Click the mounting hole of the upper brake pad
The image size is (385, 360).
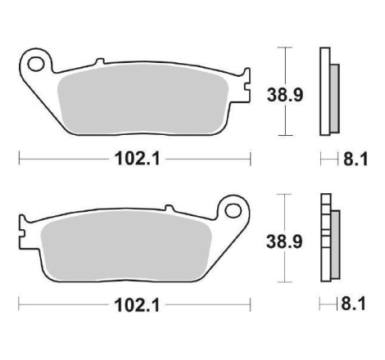point(36,65)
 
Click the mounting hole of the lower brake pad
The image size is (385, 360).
point(233,210)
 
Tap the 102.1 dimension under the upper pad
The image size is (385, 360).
point(137,159)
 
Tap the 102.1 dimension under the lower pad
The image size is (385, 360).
point(137,305)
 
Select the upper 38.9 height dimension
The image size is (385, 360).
point(285,95)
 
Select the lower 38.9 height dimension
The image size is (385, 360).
point(284,242)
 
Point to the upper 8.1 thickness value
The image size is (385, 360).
point(356,159)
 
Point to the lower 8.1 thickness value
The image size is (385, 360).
point(353,304)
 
